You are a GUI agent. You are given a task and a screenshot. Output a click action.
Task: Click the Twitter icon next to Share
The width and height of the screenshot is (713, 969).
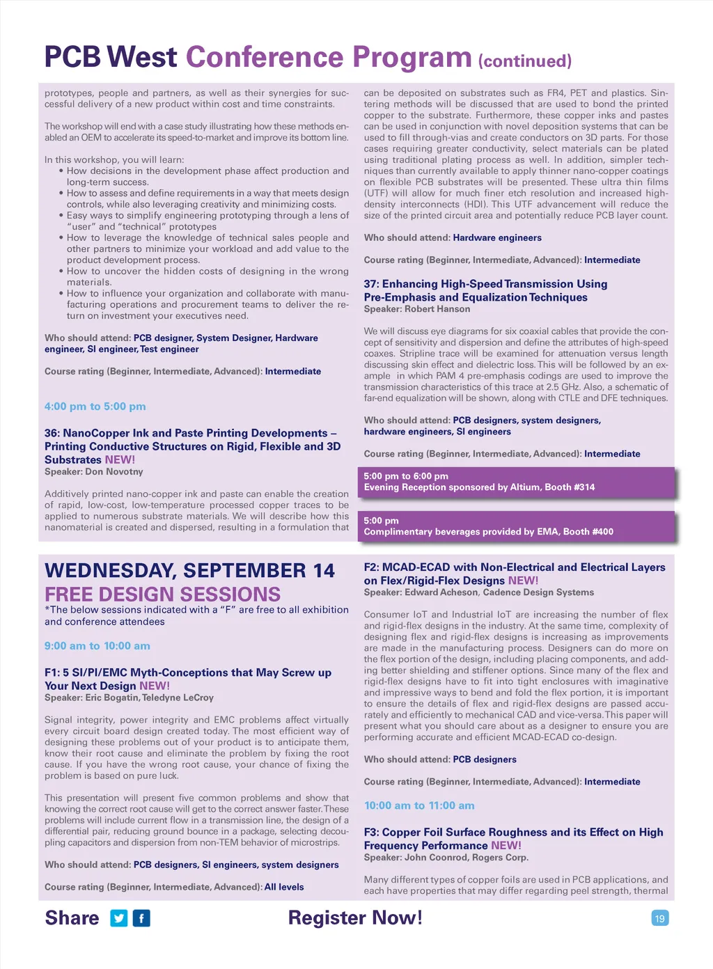click(x=119, y=918)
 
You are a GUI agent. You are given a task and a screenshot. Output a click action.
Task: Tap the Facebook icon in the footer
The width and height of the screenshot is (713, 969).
click(x=141, y=918)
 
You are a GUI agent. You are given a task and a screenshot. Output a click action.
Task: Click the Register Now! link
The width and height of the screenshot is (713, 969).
click(x=355, y=917)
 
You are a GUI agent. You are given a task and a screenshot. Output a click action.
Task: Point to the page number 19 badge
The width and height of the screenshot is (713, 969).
click(x=659, y=918)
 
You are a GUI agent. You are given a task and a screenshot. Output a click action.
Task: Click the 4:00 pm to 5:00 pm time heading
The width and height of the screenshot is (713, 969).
click(x=95, y=407)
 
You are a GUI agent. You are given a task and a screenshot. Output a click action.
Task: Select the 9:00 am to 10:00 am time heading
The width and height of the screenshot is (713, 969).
click(x=97, y=646)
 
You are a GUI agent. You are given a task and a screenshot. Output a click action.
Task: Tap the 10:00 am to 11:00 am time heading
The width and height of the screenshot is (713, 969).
click(x=419, y=805)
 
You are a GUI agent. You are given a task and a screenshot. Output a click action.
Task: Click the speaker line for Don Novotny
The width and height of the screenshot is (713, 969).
click(x=94, y=472)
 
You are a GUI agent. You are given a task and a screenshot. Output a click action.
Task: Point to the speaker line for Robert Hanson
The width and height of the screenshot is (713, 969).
click(x=417, y=309)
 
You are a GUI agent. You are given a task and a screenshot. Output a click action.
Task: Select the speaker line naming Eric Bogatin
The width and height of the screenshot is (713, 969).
click(x=129, y=698)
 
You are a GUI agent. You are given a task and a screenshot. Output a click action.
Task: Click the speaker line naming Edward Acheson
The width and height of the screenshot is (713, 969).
click(x=479, y=592)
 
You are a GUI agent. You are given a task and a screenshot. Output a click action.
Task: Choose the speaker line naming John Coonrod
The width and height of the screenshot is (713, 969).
click(x=446, y=858)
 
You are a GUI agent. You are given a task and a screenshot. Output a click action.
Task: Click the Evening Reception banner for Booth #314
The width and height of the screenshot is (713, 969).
click(x=516, y=482)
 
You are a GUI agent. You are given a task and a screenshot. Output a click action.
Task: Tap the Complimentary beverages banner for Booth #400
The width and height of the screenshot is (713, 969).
click(x=516, y=526)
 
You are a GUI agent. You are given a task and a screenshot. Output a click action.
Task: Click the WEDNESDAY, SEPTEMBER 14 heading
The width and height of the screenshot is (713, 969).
click(x=189, y=571)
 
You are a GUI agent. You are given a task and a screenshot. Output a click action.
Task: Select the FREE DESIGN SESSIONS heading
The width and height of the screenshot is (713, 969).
click(x=162, y=594)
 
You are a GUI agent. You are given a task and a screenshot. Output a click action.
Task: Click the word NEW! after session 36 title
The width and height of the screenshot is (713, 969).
click(x=120, y=460)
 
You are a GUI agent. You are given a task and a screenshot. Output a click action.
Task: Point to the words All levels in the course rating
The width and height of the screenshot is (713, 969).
click(x=284, y=887)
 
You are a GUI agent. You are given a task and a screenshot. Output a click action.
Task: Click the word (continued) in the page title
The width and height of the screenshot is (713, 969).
click(x=525, y=61)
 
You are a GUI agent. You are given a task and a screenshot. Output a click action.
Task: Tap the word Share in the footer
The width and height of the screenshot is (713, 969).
click(x=72, y=918)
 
